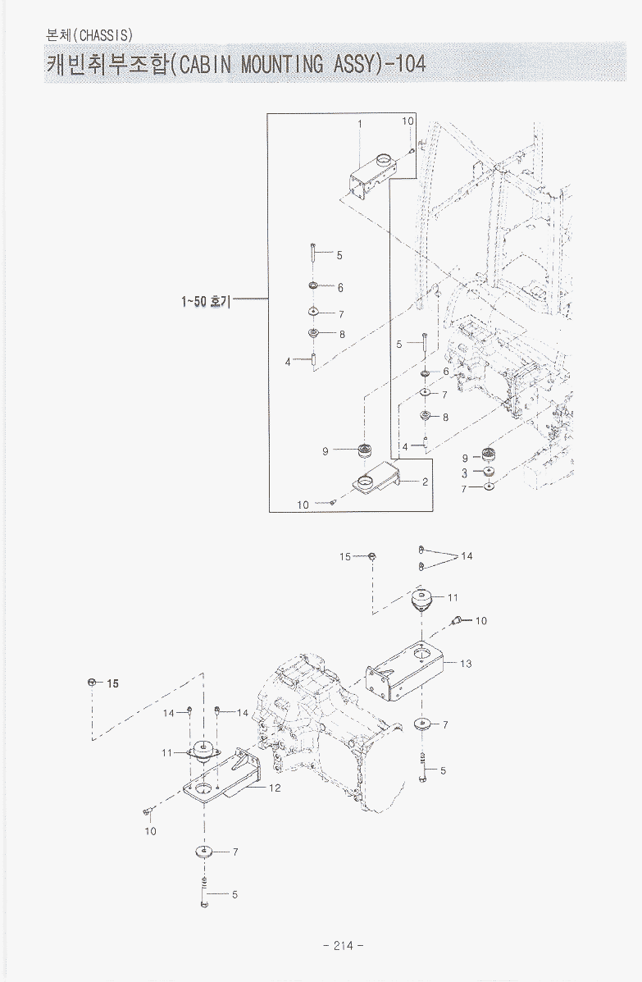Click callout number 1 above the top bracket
coord(359,124)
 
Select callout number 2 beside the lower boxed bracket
coord(426,482)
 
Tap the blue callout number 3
coord(464,473)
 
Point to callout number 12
coord(275,788)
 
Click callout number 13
coord(466,664)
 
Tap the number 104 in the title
coord(408,64)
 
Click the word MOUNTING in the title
coord(282,64)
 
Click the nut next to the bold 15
coord(92,682)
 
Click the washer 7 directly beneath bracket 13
coord(423,724)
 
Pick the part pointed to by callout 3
coord(489,473)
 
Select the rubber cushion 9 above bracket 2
coord(364,449)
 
